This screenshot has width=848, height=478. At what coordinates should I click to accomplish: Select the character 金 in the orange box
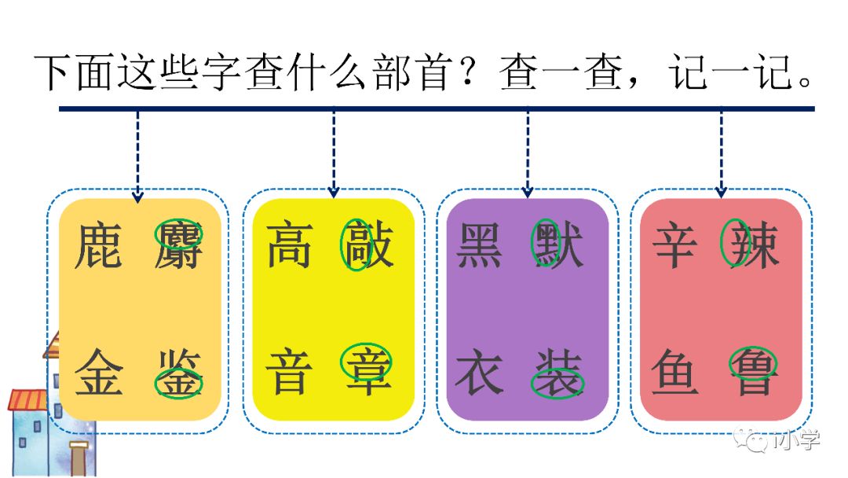point(100,372)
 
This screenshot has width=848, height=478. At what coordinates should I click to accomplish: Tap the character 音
point(289,372)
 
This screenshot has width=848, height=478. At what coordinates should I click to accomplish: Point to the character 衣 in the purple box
point(480,372)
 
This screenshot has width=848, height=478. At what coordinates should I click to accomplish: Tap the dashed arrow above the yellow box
point(334,153)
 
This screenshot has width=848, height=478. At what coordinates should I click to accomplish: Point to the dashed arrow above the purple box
point(528,153)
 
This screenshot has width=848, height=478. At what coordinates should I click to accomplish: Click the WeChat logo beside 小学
point(756,440)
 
